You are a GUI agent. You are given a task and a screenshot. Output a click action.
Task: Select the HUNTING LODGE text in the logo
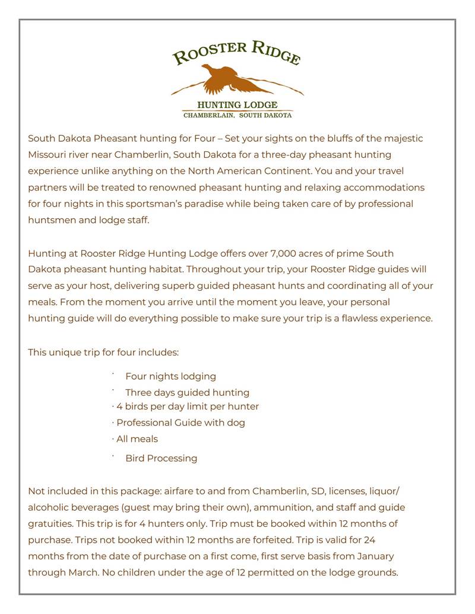pyautogui.click(x=237, y=105)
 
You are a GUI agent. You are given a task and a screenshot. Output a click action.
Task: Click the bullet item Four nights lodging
pyautogui.click(x=170, y=376)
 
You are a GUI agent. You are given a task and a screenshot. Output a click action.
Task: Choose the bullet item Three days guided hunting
pyautogui.click(x=187, y=392)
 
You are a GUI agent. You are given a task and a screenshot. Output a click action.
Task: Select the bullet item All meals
pyautogui.click(x=137, y=439)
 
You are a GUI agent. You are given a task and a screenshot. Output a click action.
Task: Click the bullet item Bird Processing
pyautogui.click(x=161, y=458)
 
